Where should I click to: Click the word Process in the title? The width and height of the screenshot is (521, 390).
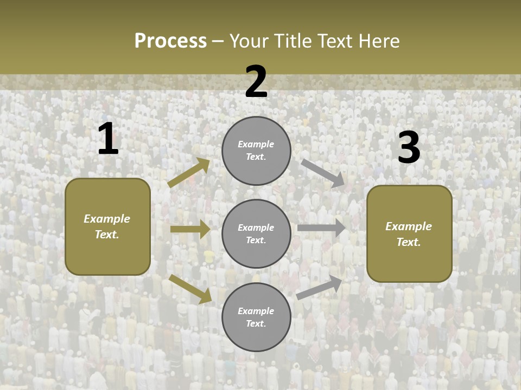170,41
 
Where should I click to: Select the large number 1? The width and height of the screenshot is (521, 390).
108,139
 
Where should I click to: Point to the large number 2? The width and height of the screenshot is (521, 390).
256,82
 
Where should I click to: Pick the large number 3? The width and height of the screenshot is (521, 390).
409,148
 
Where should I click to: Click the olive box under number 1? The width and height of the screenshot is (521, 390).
107,226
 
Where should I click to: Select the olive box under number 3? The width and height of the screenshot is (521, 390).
409,233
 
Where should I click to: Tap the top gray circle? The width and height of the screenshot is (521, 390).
256,151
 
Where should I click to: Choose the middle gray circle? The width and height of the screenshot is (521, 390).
256,233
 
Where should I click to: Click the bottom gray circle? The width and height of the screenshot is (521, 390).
256,317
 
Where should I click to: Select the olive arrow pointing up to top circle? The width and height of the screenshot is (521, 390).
189,173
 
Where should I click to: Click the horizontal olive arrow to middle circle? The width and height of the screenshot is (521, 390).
190,229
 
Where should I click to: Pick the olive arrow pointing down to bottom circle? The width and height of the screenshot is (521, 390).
190,288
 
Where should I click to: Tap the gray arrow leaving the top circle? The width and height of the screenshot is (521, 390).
322,173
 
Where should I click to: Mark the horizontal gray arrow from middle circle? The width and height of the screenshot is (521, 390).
321,228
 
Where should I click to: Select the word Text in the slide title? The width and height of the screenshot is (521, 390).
336,41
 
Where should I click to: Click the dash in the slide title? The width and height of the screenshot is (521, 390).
218,41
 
